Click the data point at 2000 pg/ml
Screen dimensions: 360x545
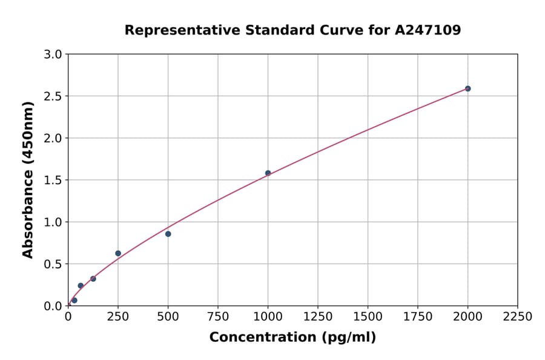pos(467,88)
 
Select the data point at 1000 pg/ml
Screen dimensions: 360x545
pos(268,173)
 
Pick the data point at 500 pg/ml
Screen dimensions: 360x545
pos(168,234)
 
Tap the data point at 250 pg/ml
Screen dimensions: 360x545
pos(118,253)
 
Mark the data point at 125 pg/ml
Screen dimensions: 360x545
pos(93,279)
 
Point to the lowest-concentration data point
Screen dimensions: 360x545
pos(74,300)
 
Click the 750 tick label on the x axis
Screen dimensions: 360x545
pos(218,317)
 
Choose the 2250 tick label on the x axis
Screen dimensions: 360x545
pos(517,317)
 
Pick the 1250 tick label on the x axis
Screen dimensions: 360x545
pos(317,317)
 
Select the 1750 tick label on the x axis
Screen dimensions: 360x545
pos(417,317)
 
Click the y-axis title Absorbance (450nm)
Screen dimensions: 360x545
pos(28,179)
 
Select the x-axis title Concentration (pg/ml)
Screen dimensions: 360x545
pos(292,338)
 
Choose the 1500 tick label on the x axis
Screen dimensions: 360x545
pos(368,317)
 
